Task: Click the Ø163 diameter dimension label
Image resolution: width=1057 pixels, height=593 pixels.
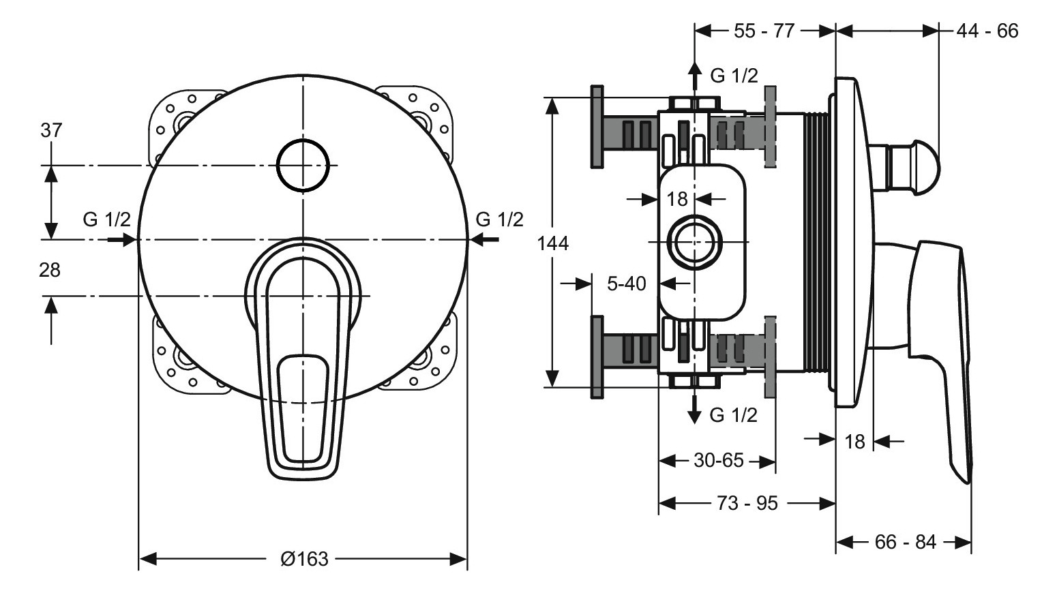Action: [x=304, y=559]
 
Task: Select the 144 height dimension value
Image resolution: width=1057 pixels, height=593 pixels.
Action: [x=552, y=243]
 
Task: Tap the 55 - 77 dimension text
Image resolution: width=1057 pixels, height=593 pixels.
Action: [x=764, y=31]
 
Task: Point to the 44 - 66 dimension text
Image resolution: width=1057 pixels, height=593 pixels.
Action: [x=987, y=31]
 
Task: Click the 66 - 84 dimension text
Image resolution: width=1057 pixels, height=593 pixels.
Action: [x=905, y=543]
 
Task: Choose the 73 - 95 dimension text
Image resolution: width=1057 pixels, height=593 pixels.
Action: [x=747, y=503]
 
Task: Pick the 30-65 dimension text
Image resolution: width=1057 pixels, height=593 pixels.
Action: [x=718, y=461]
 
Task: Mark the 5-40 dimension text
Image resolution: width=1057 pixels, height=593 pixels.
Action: [x=626, y=283]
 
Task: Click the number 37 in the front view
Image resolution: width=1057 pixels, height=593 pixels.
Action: [x=50, y=130]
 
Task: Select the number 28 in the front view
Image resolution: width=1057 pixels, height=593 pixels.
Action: [x=49, y=270]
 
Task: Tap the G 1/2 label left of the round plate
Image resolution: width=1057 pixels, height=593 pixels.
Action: [x=106, y=219]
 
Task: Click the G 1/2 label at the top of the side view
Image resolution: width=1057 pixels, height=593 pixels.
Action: [x=734, y=75]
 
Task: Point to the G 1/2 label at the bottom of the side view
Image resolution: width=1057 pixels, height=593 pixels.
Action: [x=733, y=414]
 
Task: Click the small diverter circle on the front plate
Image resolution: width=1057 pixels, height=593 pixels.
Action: [x=303, y=166]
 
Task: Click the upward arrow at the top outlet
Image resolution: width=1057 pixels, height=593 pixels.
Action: [x=694, y=74]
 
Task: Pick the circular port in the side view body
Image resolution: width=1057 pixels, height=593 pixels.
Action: [x=694, y=243]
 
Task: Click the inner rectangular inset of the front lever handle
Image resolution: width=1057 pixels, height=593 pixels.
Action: [x=303, y=406]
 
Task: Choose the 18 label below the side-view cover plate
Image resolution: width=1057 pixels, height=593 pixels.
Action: [x=854, y=442]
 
